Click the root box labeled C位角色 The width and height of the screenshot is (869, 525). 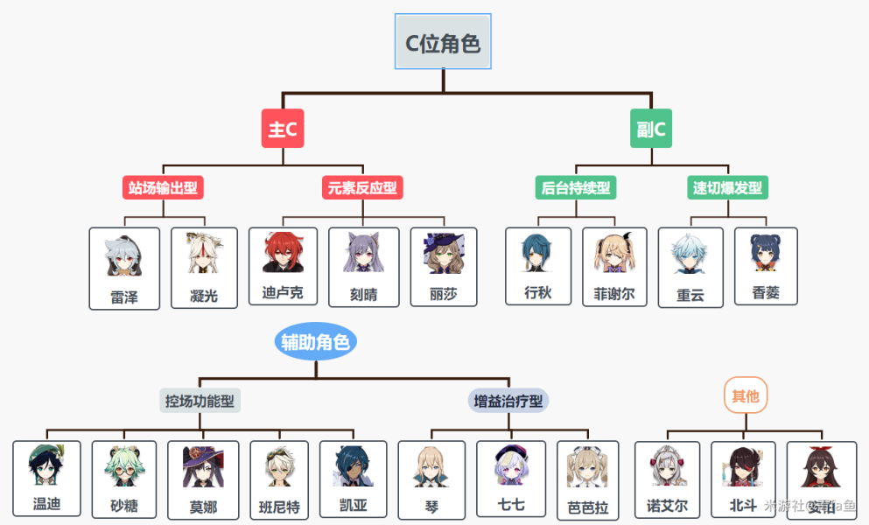tap(443, 42)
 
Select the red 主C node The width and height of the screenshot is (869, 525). tap(283, 129)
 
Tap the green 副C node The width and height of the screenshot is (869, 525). tap(651, 129)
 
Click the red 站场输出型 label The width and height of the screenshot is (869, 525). tap(163, 187)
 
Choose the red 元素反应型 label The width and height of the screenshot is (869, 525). tap(362, 187)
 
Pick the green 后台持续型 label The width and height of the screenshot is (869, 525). tap(576, 187)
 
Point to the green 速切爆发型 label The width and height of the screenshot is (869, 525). tap(727, 187)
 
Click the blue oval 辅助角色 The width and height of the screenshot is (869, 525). tap(316, 342)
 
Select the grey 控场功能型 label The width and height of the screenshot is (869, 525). tap(200, 401)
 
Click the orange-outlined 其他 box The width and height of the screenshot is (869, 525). tap(746, 396)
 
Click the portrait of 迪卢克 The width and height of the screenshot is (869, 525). tap(283, 253)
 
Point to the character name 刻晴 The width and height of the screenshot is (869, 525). tap(363, 295)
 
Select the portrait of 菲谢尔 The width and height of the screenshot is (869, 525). tap(614, 253)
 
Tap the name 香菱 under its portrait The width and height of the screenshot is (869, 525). tap(766, 294)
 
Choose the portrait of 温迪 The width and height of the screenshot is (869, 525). tap(46, 466)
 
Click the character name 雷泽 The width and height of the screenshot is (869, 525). tap(124, 297)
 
